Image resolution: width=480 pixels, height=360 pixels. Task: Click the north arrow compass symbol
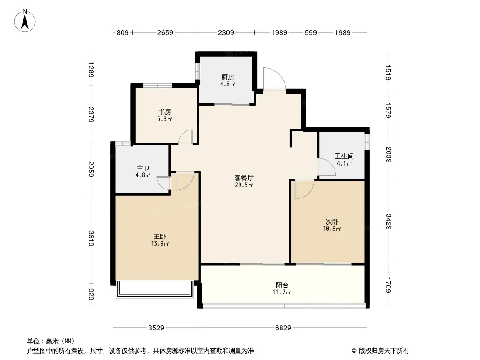[25, 21]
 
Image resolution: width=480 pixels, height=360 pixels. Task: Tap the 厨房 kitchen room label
[228, 77]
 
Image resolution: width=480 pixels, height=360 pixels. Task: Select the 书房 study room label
[165, 112]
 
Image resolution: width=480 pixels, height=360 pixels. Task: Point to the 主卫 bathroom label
[143, 169]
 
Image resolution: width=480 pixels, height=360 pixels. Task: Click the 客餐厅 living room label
[244, 178]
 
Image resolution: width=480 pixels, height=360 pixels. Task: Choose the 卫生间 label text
[344, 156]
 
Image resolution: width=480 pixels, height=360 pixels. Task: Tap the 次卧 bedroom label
[332, 221]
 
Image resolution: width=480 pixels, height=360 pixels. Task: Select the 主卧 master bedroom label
[160, 236]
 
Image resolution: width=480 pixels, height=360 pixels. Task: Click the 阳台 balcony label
[282, 285]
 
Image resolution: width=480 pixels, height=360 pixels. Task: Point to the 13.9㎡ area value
[160, 244]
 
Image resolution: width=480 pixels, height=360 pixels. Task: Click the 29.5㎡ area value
[244, 185]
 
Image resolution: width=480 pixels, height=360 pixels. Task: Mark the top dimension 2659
[165, 32]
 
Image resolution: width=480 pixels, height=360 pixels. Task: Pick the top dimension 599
[311, 32]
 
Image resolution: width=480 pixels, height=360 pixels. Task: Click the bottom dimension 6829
[283, 328]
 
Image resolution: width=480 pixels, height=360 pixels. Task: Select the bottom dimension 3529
[156, 328]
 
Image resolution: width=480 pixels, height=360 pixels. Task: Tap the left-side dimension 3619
[91, 238]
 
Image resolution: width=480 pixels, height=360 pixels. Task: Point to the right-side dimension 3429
[389, 221]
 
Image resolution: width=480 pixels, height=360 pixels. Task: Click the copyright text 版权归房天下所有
[384, 351]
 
